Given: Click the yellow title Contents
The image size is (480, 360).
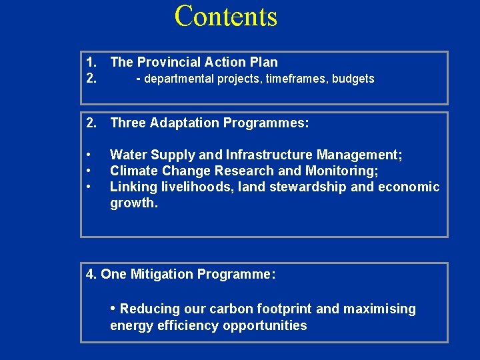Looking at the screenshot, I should (x=225, y=16).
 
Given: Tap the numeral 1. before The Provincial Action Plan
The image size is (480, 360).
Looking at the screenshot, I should (x=92, y=62).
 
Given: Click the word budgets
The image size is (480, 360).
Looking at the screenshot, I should (x=353, y=79).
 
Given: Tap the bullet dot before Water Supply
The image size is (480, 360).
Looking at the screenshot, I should (x=89, y=155).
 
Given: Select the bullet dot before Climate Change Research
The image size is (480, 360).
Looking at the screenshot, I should (x=89, y=171).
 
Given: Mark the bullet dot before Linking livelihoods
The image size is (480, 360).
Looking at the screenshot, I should (x=89, y=187).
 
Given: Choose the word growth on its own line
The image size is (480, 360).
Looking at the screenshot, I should (x=133, y=203).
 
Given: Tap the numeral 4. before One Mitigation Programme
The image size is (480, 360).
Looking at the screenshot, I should (x=92, y=274).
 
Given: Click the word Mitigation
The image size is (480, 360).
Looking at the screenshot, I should (x=163, y=274).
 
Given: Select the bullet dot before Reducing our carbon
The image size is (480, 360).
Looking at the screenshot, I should (x=113, y=309).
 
